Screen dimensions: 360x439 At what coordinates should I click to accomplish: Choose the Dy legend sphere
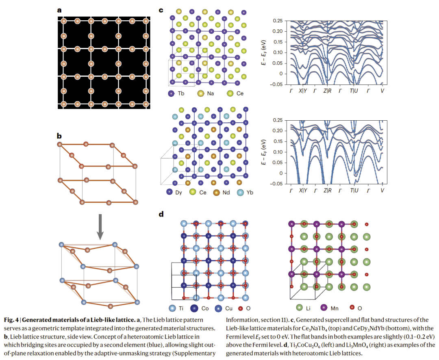pyautogui.click(x=169, y=192)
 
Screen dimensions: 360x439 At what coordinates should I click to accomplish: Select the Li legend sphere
pyautogui.click(x=300, y=308)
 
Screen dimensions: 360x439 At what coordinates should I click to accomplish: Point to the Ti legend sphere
pyautogui.click(x=172, y=308)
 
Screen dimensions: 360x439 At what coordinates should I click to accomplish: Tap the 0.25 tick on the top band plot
pyautogui.click(x=278, y=20)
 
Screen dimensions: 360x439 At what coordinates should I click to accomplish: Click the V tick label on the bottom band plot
pyautogui.click(x=382, y=191)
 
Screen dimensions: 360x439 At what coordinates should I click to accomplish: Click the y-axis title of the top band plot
pyautogui.click(x=264, y=52)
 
